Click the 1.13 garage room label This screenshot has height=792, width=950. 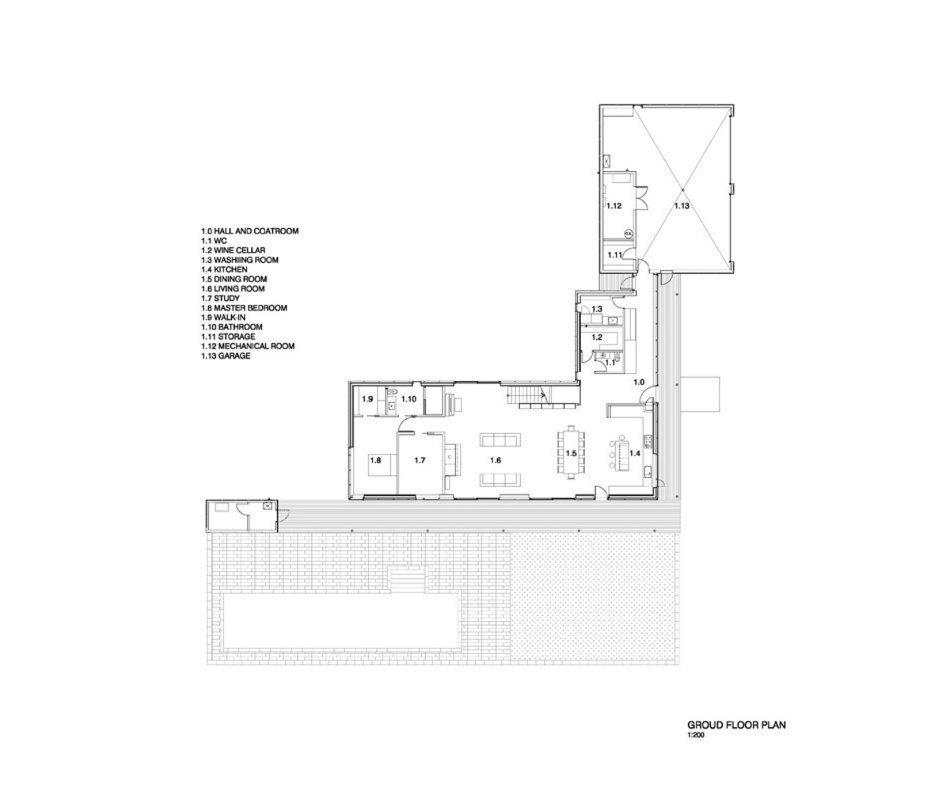click(682, 206)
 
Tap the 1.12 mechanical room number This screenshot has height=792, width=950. click(614, 206)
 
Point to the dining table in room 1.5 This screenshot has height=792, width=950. click(571, 453)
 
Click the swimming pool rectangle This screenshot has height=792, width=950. click(341, 621)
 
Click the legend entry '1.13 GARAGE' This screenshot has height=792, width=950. click(226, 356)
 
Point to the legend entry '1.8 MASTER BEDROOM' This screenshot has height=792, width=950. click(244, 307)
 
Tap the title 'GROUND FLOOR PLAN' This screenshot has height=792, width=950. click(735, 725)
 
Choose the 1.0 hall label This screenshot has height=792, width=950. click(638, 383)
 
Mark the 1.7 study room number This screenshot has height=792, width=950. click(420, 459)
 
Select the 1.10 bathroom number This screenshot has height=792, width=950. click(408, 399)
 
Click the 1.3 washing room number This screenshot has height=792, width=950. click(598, 308)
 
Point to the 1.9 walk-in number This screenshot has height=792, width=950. click(367, 399)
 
